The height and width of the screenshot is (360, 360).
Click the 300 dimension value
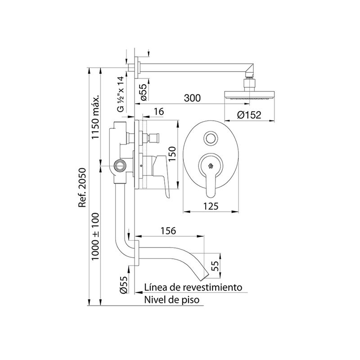(192, 98)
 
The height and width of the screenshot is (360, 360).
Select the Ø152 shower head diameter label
(249, 115)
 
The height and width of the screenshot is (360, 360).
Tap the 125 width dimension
(211, 207)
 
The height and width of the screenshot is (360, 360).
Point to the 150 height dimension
(172, 153)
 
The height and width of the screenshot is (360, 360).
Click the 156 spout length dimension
(168, 231)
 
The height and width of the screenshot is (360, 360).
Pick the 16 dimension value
(159, 112)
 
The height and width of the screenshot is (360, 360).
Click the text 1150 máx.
(95, 117)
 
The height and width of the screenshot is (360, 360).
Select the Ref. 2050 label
(82, 188)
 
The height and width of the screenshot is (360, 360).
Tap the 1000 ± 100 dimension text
(95, 237)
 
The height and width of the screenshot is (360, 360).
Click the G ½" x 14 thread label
(120, 94)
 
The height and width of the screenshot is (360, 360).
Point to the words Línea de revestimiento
(193, 287)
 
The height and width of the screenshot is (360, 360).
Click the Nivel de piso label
(172, 300)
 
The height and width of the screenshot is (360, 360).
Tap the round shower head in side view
(249, 95)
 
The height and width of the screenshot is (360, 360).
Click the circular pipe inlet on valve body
(120, 165)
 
